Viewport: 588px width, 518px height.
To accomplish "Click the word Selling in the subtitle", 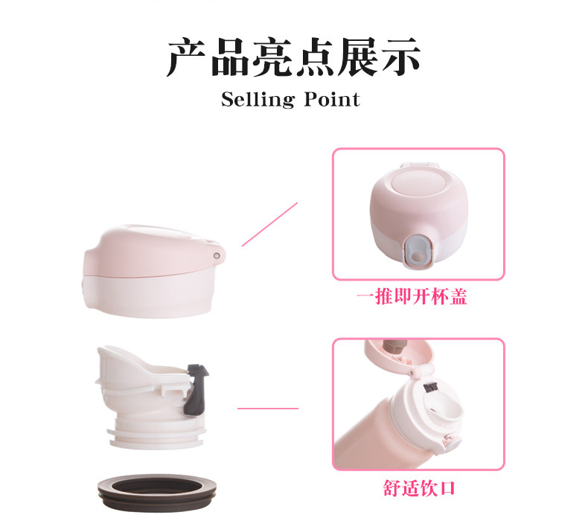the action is tap(258, 100).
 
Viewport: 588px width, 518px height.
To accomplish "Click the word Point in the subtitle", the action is tap(332, 100).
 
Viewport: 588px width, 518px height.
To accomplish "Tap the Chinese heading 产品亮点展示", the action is tap(293, 57).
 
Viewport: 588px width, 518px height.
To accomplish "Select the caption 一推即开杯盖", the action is tap(412, 297).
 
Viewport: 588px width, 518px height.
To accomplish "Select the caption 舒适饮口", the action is tap(419, 488).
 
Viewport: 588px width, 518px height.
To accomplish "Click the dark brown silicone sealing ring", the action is tap(157, 493).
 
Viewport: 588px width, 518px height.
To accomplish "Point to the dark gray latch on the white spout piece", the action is tap(196, 390).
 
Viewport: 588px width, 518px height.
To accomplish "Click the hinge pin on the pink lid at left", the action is tap(217, 255).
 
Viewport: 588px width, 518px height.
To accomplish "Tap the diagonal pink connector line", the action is tap(269, 224).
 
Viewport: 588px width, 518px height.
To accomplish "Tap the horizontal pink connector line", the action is tap(268, 408).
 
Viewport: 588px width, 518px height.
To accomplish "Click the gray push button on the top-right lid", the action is tap(418, 252).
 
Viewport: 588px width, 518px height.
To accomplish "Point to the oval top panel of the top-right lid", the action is tap(418, 181).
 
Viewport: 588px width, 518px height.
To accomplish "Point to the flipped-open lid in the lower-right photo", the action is tap(400, 354).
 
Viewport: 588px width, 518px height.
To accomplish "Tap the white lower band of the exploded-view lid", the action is tap(148, 295).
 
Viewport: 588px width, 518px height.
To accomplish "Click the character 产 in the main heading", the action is tap(186, 57).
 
